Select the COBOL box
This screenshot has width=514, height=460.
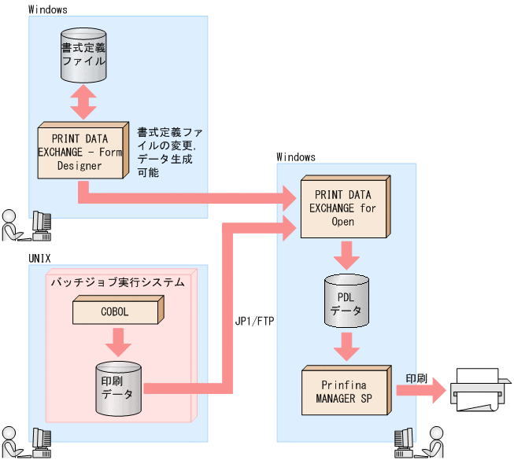point(115,312)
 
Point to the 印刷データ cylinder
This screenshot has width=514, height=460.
point(117,388)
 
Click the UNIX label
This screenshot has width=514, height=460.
point(41,257)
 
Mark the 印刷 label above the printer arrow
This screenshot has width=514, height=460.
point(416,378)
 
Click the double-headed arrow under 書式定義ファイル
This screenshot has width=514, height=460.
point(83,101)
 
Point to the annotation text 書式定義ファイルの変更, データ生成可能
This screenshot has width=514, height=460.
point(167,152)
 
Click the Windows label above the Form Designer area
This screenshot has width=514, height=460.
point(47,9)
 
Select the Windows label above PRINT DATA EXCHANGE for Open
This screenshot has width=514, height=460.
point(296,157)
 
